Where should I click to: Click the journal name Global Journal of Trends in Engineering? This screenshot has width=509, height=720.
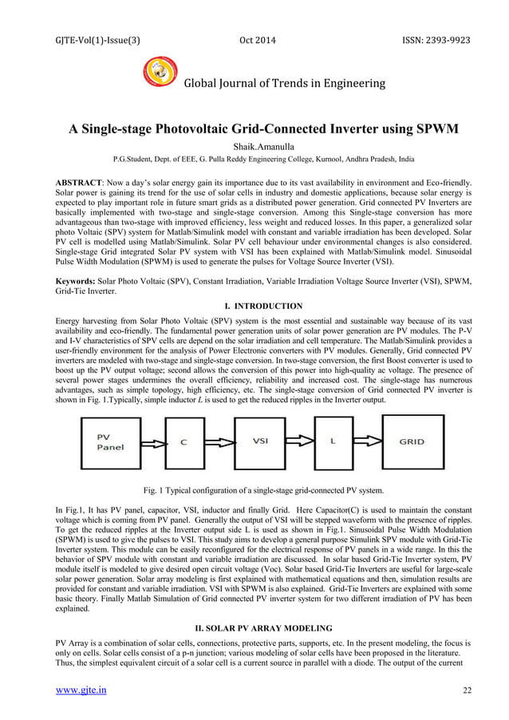pyautogui.click(x=285, y=83)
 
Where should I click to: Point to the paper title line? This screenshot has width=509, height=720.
pyautogui.click(x=255, y=129)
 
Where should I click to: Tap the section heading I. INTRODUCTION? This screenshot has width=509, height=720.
pyautogui.click(x=254, y=306)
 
